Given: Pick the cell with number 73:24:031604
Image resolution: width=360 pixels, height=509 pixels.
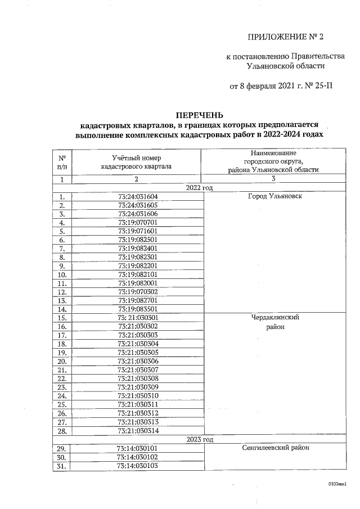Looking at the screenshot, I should coord(138,196).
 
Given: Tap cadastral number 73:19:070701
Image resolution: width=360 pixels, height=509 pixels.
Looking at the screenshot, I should coord(138,222).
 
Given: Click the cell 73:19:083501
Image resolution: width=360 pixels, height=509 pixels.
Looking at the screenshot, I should coord(138,309).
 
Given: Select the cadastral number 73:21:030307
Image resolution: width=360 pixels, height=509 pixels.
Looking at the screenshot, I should coord(138,370).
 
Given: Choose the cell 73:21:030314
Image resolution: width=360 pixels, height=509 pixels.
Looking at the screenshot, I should coord(138,430).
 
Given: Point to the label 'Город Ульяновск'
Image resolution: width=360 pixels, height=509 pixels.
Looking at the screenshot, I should coord(274,196).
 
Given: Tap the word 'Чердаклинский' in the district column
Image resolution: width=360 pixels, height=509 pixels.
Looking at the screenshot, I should coord(274,317).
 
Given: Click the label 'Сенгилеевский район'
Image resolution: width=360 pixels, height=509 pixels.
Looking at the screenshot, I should coord(274,448).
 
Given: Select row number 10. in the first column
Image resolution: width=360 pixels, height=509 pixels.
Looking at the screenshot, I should coord(63,274).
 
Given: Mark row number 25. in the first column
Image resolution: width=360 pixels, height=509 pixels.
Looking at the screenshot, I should coord(63,404).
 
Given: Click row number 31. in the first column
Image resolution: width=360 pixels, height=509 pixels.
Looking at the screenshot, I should coord(63,466).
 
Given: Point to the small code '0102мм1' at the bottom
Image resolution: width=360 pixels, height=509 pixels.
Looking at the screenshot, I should coord(337,484).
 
